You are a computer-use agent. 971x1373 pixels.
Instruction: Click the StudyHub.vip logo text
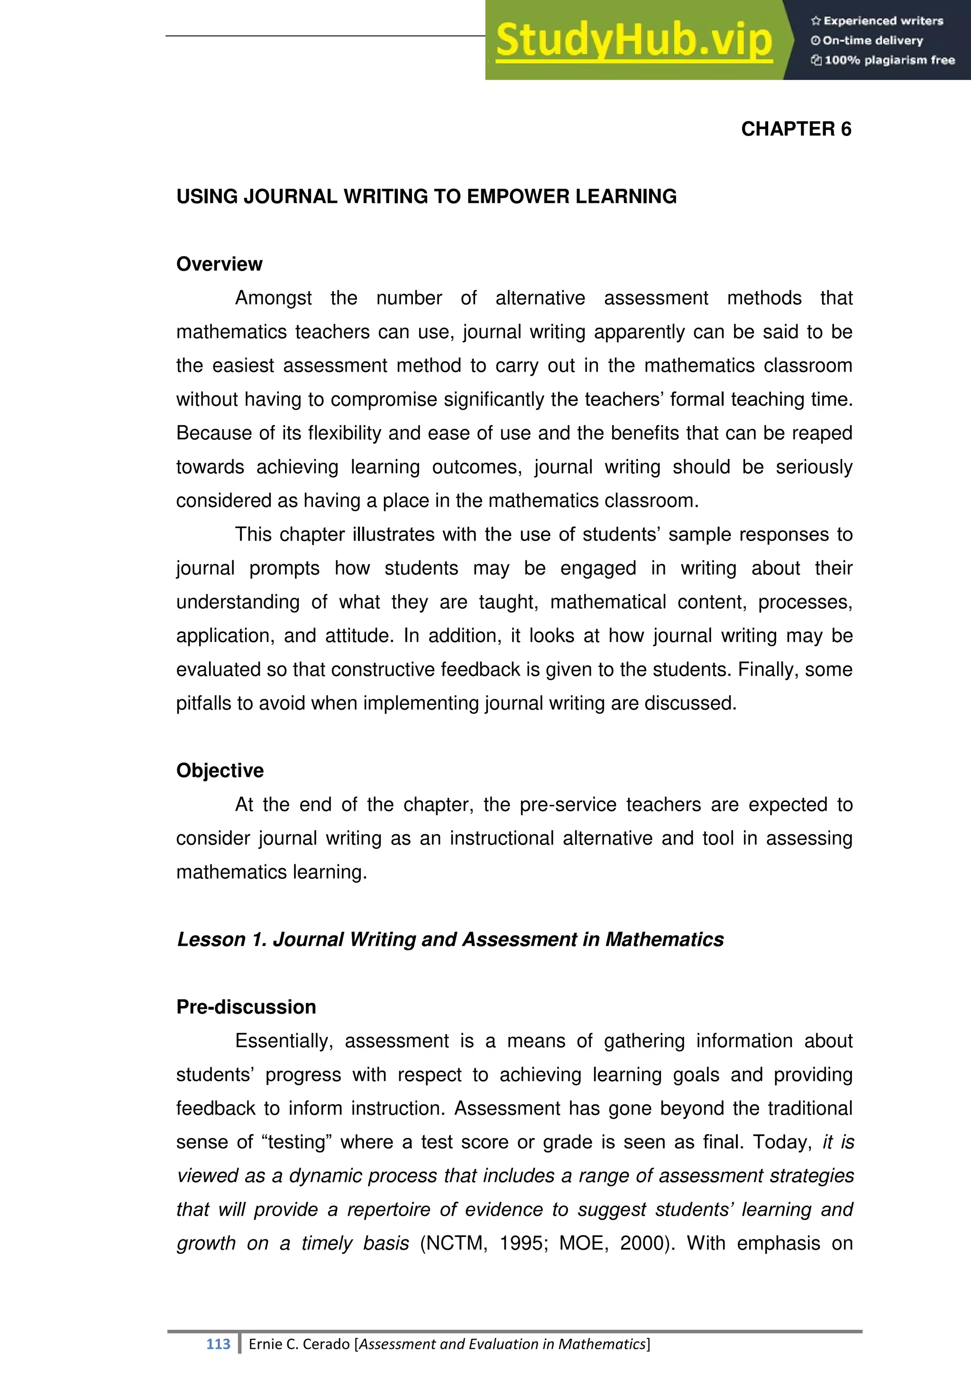pyautogui.click(x=634, y=41)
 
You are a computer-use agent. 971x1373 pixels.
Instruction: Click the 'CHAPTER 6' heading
pyautogui.click(x=796, y=129)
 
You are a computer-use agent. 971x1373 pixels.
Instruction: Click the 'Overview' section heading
pyautogui.click(x=219, y=265)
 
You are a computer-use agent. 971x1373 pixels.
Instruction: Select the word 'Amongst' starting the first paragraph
pyautogui.click(x=273, y=298)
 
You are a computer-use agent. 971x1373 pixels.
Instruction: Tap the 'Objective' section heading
pyautogui.click(x=220, y=770)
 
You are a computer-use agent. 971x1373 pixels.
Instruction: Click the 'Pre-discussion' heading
pyautogui.click(x=246, y=1007)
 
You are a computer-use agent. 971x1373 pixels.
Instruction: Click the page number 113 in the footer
pyautogui.click(x=218, y=1344)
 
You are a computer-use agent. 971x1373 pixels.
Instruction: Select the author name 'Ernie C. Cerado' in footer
pyautogui.click(x=299, y=1344)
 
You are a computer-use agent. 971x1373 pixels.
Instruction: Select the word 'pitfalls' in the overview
pyautogui.click(x=203, y=703)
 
